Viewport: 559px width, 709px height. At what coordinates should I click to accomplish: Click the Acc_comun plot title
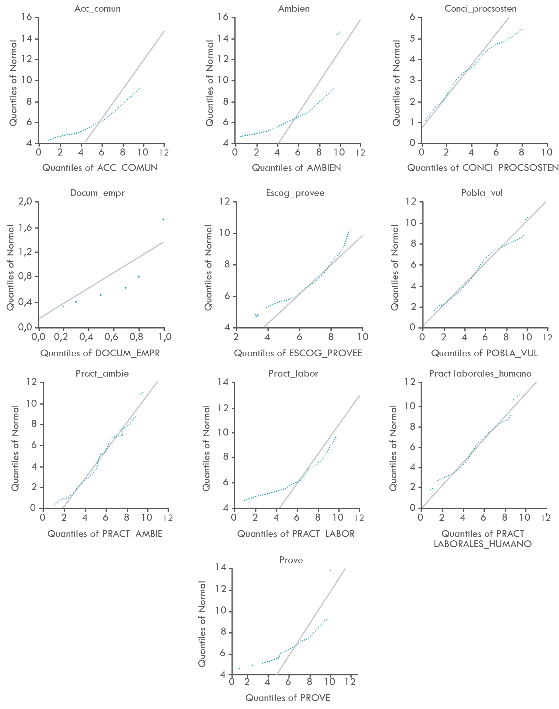point(97,9)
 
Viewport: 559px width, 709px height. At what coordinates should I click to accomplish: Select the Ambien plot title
point(294,9)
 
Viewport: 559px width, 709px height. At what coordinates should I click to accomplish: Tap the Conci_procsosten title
point(480,9)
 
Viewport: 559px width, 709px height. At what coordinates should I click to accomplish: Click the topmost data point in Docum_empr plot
point(163,220)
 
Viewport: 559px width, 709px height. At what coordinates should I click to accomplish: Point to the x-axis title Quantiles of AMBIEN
point(296,168)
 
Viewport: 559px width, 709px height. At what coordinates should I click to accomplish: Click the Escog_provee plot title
point(295,193)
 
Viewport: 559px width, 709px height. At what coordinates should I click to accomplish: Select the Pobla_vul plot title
point(482,193)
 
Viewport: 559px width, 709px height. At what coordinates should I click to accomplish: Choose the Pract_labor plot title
point(293,374)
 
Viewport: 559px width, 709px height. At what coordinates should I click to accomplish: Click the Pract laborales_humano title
point(480,374)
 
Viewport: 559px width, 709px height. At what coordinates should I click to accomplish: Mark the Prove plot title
point(291,560)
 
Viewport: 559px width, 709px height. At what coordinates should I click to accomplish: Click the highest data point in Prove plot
point(330,570)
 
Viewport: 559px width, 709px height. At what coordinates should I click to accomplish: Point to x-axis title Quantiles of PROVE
point(288,698)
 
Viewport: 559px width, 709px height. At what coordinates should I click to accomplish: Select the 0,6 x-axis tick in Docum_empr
point(111,337)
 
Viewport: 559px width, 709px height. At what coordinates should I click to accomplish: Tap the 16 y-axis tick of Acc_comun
point(26,17)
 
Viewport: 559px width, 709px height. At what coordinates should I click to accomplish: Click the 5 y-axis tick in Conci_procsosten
point(412,39)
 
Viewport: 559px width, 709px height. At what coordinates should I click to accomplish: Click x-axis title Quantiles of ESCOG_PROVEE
point(298,353)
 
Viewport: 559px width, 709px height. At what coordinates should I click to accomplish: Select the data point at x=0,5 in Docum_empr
point(101,295)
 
